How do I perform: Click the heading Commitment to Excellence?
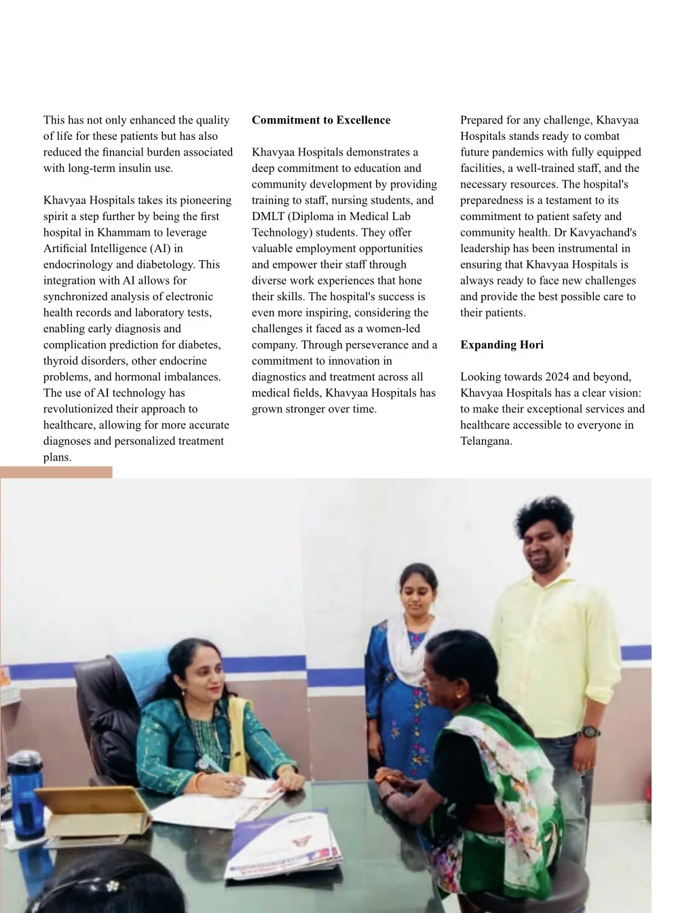tap(321, 120)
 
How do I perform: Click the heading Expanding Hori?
tap(502, 344)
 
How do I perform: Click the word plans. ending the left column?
tap(57, 457)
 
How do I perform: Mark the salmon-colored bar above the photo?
tap(56, 472)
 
